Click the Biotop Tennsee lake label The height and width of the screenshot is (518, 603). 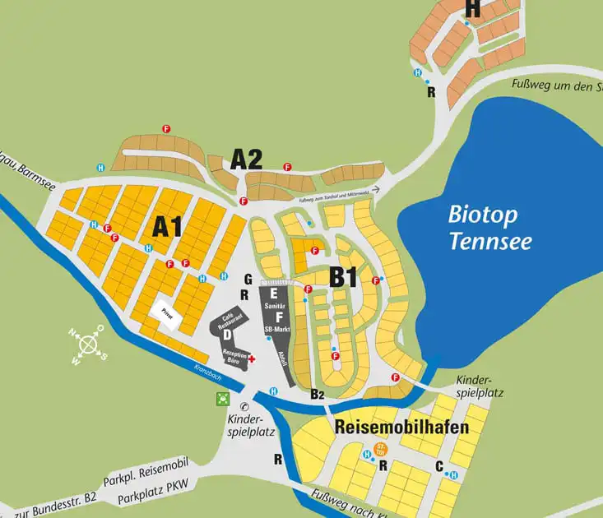[x=489, y=229]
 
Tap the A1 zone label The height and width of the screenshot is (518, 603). [x=166, y=225]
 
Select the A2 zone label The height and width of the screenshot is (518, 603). [x=246, y=159]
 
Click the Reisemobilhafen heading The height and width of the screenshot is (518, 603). [x=401, y=428]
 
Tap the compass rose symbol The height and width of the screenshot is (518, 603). [x=86, y=345]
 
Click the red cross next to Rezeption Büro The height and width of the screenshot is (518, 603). [x=252, y=358]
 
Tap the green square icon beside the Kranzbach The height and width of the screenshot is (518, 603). [x=221, y=400]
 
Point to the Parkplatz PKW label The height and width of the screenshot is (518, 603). [x=148, y=497]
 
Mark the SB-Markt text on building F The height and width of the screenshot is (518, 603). [x=279, y=329]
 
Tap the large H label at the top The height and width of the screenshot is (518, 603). [x=472, y=8]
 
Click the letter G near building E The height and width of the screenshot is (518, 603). [x=248, y=279]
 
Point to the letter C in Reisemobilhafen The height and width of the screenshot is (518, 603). [x=439, y=467]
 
